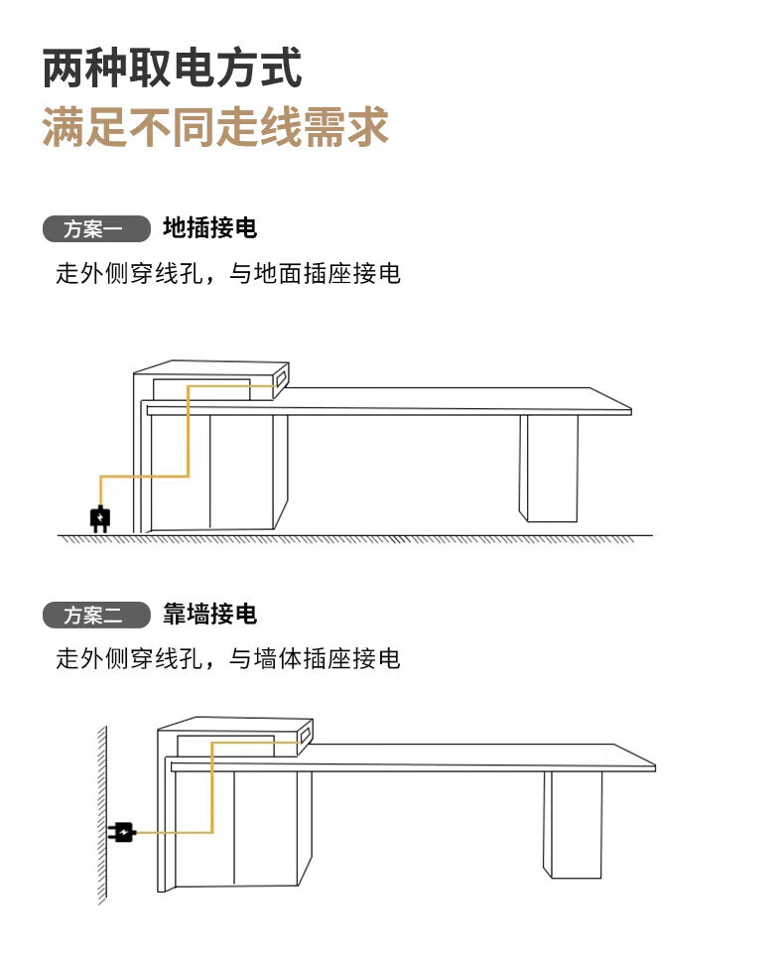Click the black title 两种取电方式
pyautogui.click(x=172, y=68)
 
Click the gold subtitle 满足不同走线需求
pyautogui.click(x=215, y=127)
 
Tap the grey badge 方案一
pyautogui.click(x=96, y=228)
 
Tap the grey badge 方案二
pyautogui.click(x=96, y=615)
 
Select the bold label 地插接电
pyautogui.click(x=209, y=228)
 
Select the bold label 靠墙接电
pyautogui.click(x=209, y=615)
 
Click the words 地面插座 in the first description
pyautogui.click(x=303, y=273)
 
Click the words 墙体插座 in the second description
pyautogui.click(x=303, y=659)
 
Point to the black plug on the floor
pyautogui.click(x=100, y=518)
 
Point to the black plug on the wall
pyautogui.click(x=122, y=832)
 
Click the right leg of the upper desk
pyautogui.click(x=549, y=469)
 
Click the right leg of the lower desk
pyautogui.click(x=573, y=824)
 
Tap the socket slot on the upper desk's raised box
pyautogui.click(x=281, y=377)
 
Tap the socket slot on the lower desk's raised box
pyautogui.click(x=305, y=734)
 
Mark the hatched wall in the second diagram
pyautogui.click(x=102, y=815)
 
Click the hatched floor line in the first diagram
pyautogui.click(x=355, y=538)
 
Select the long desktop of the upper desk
pyautogui.click(x=389, y=401)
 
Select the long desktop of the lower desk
pyautogui.click(x=413, y=758)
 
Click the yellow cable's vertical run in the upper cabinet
pyautogui.click(x=188, y=431)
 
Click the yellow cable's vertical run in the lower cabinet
pyautogui.click(x=212, y=787)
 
